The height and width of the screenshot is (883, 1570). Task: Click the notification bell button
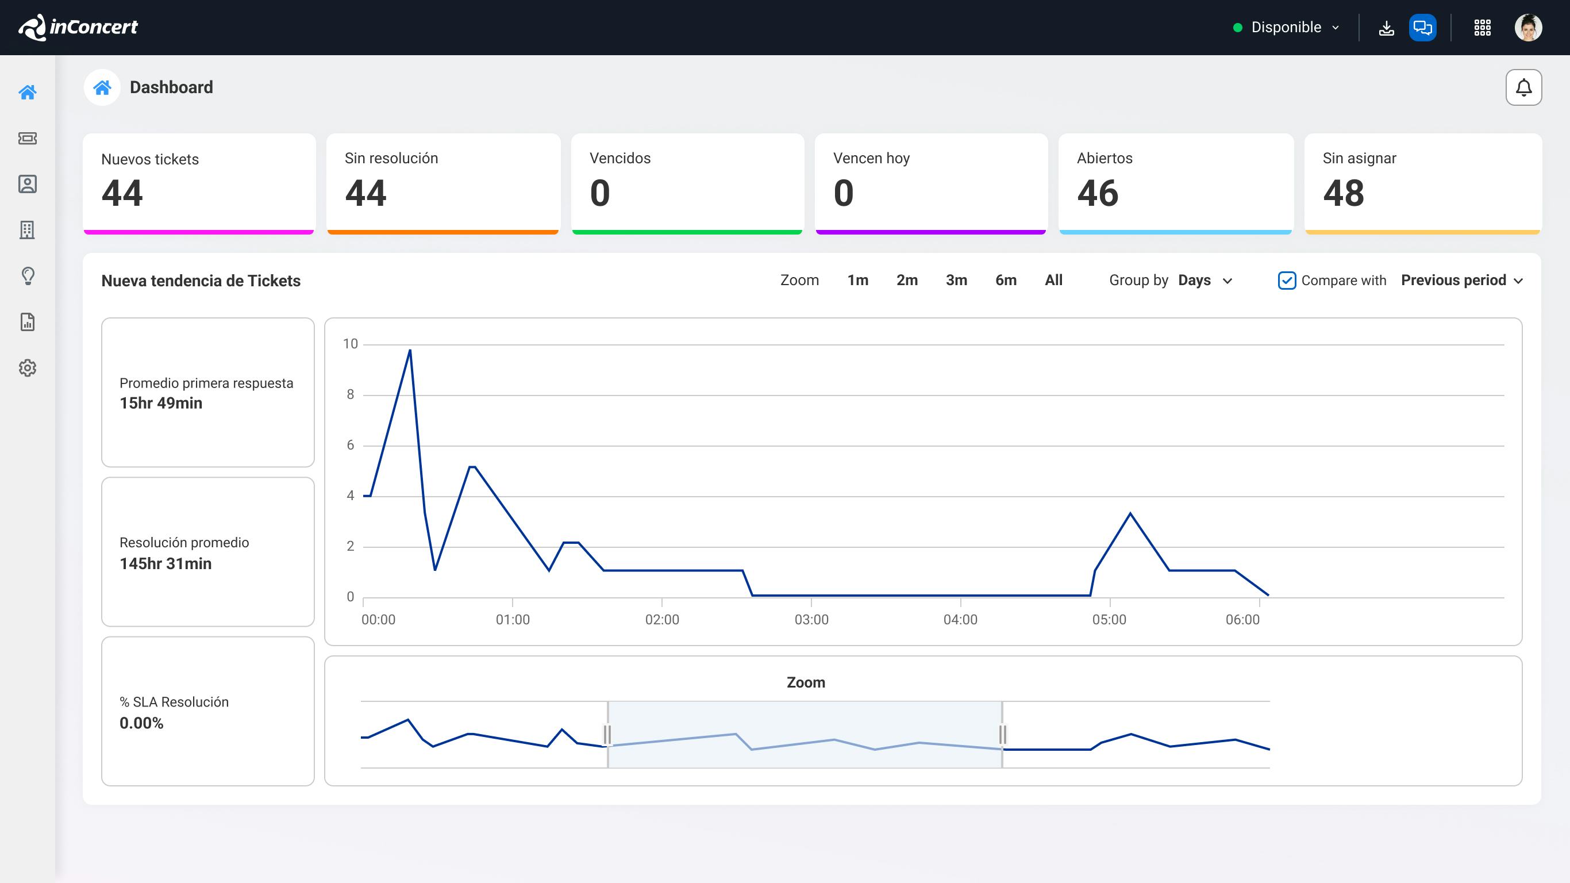click(1523, 88)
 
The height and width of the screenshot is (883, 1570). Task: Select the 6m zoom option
click(1006, 281)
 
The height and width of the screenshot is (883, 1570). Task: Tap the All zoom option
click(1053, 281)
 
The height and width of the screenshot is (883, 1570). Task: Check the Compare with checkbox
click(1287, 281)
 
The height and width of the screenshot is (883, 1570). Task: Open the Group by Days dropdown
click(1205, 281)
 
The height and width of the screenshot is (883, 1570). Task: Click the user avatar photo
click(1528, 28)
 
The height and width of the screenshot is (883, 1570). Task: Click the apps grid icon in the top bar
click(1482, 28)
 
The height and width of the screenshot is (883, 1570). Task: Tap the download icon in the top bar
click(1386, 28)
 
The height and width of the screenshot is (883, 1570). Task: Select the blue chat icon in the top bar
click(1422, 28)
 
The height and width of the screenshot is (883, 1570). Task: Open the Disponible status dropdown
click(1286, 28)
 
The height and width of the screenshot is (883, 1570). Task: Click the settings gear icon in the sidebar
click(28, 368)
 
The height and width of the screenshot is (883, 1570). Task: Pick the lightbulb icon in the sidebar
click(28, 275)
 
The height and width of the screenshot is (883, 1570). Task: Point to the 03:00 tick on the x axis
click(811, 620)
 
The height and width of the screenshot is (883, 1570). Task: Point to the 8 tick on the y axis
click(351, 394)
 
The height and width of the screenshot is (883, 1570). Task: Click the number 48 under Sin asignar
click(1343, 193)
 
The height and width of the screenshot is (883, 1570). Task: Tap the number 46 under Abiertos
click(1098, 193)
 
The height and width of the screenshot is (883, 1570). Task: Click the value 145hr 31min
click(166, 563)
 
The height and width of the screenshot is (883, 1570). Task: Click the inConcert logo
click(79, 28)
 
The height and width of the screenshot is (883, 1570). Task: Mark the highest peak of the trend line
click(410, 351)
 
